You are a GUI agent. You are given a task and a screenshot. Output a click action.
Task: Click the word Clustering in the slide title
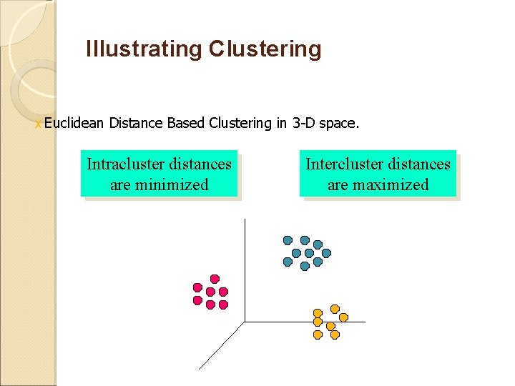[265, 49]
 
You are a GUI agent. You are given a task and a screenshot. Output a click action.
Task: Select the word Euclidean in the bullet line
[74, 124]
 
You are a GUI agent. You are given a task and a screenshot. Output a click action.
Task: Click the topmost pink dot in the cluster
[214, 278]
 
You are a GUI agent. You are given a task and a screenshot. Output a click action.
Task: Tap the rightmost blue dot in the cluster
[326, 253]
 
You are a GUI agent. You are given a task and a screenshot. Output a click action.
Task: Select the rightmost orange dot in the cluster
[343, 317]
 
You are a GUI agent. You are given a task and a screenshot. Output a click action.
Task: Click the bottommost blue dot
[305, 266]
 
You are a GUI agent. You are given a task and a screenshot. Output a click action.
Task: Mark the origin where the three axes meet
[245, 322]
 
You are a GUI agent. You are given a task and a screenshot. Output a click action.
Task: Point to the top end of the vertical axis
[245, 219]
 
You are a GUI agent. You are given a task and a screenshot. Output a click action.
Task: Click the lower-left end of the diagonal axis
[199, 368]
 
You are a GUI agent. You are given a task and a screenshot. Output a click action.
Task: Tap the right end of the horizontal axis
[365, 322]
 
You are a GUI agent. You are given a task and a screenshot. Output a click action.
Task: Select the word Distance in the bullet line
[136, 124]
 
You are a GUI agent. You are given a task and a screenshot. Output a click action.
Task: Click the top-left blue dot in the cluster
[288, 240]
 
